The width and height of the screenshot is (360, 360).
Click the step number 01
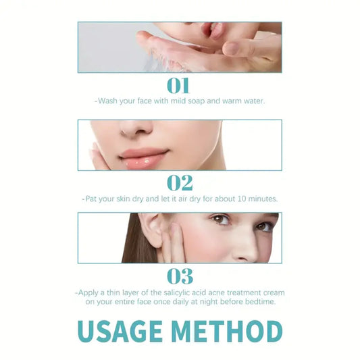click(x=180, y=85)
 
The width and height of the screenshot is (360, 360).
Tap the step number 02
click(x=180, y=182)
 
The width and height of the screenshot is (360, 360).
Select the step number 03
click(x=180, y=276)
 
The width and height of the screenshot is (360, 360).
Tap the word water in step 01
click(x=249, y=101)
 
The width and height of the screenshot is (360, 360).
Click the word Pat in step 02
click(x=93, y=199)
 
